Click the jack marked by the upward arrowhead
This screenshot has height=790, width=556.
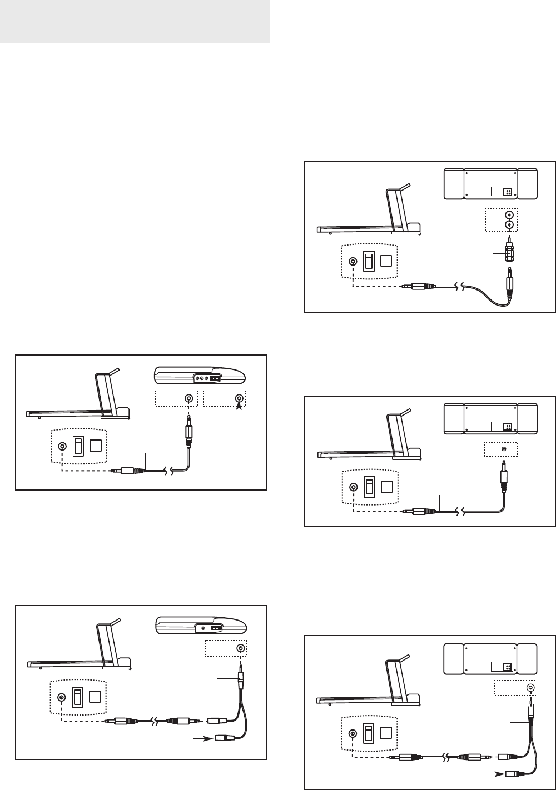[240, 398]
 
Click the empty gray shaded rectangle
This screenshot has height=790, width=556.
[135, 22]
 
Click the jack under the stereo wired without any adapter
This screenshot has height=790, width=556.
[504, 449]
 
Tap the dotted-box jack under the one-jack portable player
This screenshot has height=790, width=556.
[240, 648]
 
